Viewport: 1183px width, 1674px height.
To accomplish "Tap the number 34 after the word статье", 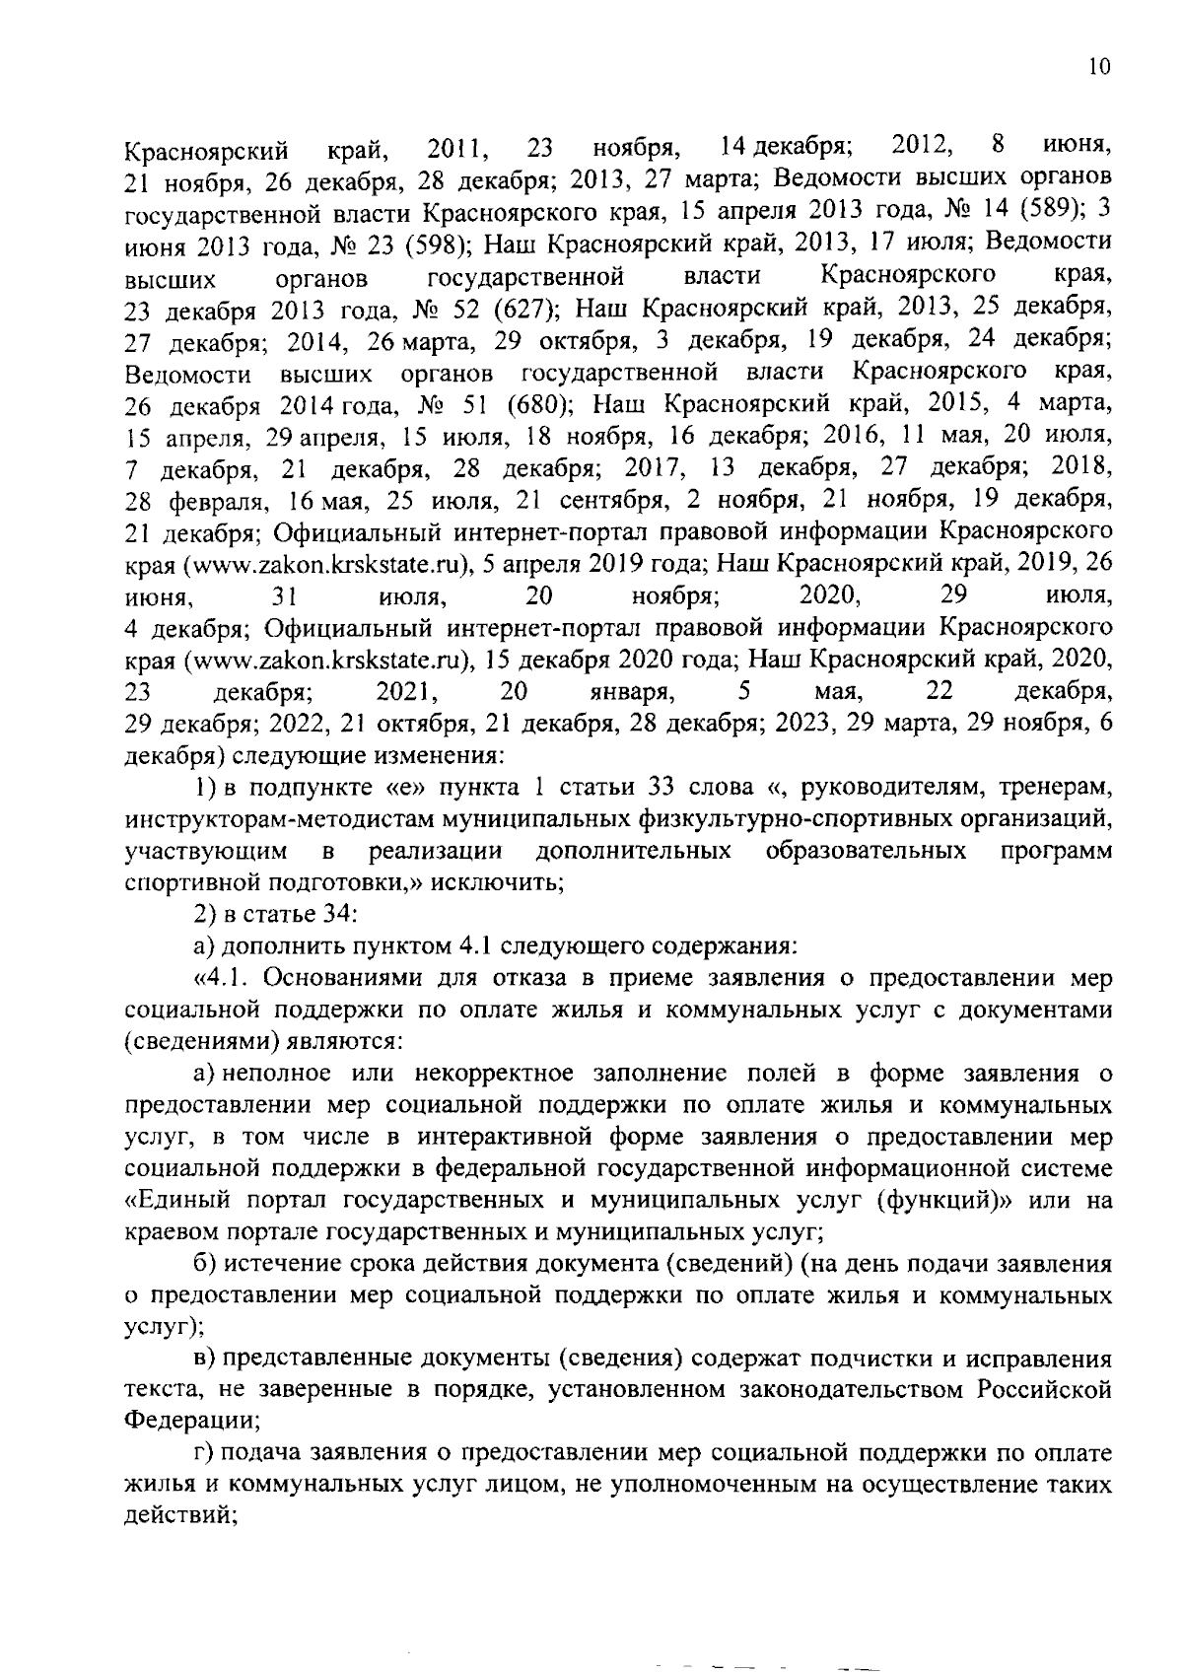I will click(329, 915).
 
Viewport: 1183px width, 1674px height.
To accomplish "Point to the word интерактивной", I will click(497, 1137).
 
